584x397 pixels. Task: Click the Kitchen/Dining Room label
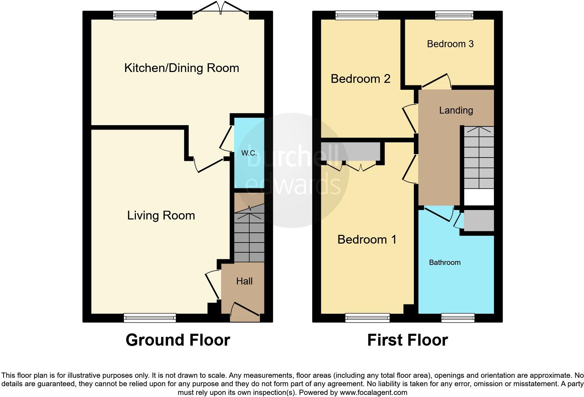pyautogui.click(x=182, y=68)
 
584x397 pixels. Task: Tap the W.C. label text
pyautogui.click(x=249, y=153)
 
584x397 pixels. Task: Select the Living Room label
pyautogui.click(x=161, y=215)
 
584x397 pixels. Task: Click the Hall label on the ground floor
pyautogui.click(x=244, y=281)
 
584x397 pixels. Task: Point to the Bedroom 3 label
pyautogui.click(x=450, y=44)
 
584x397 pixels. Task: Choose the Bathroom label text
pyautogui.click(x=445, y=262)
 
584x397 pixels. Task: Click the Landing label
pyautogui.click(x=456, y=110)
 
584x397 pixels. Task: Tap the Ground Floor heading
pyautogui.click(x=178, y=340)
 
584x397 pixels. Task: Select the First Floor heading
pyautogui.click(x=407, y=340)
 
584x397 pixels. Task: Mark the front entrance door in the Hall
pyautogui.click(x=245, y=312)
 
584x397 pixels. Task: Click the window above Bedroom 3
pyautogui.click(x=454, y=15)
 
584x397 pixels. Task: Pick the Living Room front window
pyautogui.click(x=150, y=318)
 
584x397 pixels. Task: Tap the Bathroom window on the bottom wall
pyautogui.click(x=458, y=318)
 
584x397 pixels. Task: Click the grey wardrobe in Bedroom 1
pyautogui.click(x=351, y=151)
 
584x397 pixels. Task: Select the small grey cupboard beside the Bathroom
pyautogui.click(x=479, y=220)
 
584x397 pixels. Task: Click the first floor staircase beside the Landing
pyautogui.click(x=479, y=157)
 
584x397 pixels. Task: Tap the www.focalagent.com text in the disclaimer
pyautogui.click(x=373, y=392)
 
